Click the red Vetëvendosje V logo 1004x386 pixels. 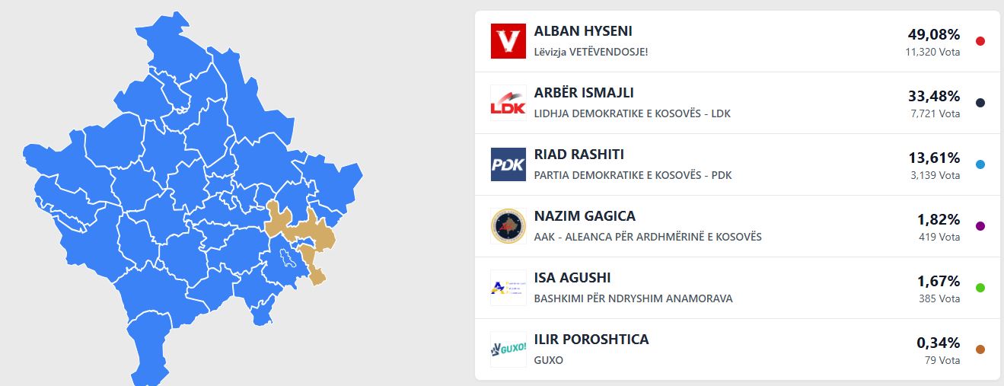508,41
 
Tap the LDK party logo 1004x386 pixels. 508,103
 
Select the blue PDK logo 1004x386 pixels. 508,164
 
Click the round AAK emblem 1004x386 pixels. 508,226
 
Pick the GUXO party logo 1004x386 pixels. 508,349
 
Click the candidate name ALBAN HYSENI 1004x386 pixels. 582,31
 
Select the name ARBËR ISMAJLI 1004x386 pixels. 584,92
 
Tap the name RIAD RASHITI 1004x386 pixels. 578,155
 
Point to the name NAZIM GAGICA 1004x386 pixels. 585,216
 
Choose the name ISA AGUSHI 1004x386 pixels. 572,278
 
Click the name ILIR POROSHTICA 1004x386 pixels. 591,340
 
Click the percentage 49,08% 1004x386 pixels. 934,34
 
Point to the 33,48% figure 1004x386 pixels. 934,96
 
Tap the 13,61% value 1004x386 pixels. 934,158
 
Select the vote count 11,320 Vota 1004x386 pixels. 932,52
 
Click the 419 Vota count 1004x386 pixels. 939,238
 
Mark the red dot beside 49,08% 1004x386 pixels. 980,41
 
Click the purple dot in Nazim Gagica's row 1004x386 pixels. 980,226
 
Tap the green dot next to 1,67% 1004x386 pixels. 980,288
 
